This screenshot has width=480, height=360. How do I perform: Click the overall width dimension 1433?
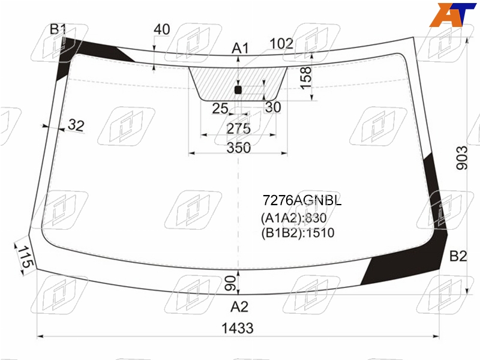pyautogui.click(x=238, y=328)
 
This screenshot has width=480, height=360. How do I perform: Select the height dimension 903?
pyautogui.click(x=461, y=158)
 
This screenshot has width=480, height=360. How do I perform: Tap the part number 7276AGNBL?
pyautogui.click(x=302, y=200)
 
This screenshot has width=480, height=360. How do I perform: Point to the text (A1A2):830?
pyautogui.click(x=293, y=218)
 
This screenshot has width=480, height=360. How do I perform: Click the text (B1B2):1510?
pyautogui.click(x=298, y=233)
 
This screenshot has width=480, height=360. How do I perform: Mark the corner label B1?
pyautogui.click(x=58, y=29)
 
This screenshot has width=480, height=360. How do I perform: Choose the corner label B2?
pyautogui.click(x=458, y=256)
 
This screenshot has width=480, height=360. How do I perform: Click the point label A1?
pyautogui.click(x=241, y=49)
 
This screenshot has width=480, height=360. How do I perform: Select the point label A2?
pyautogui.click(x=239, y=307)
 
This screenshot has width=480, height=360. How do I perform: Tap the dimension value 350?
pyautogui.click(x=238, y=148)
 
